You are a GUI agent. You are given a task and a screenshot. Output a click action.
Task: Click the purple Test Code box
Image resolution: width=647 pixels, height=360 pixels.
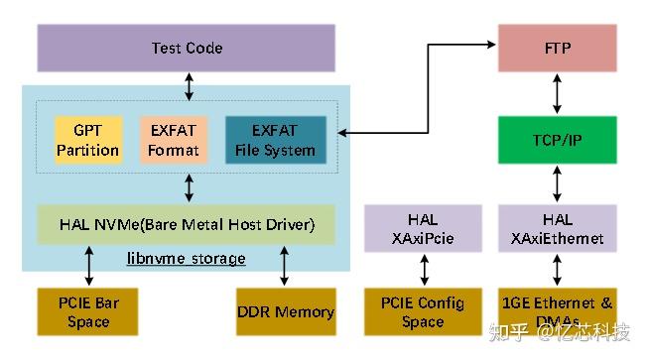(x=187, y=48)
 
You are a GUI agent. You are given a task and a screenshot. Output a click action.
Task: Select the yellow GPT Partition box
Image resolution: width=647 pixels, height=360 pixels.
(x=87, y=140)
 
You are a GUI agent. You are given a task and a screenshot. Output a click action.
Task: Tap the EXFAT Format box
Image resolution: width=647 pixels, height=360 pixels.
(x=174, y=140)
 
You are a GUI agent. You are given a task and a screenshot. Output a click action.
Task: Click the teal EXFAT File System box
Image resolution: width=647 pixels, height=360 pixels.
(x=275, y=140)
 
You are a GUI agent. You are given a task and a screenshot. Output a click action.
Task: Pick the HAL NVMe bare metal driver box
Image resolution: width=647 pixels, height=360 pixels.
(x=187, y=225)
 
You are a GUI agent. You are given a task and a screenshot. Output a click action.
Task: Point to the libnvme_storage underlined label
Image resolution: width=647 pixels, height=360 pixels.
(x=187, y=258)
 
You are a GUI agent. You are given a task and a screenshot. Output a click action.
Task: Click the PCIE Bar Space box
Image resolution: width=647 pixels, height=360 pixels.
(x=87, y=311)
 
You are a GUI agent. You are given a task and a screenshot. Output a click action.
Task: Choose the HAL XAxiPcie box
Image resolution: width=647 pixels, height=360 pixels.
(x=423, y=228)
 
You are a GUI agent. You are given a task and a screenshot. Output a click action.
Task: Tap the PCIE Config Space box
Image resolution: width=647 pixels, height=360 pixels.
(x=423, y=311)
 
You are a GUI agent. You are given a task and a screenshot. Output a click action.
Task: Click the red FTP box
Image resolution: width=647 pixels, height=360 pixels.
(x=557, y=48)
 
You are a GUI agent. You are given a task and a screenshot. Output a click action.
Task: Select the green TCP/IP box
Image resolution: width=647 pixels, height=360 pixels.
(x=557, y=140)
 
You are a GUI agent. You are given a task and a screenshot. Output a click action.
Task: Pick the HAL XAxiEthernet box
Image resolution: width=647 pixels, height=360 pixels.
(x=557, y=228)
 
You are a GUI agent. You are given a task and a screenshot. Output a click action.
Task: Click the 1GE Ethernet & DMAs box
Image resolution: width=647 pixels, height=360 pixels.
(x=557, y=311)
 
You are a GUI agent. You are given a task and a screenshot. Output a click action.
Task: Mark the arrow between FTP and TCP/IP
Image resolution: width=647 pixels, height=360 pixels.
(x=557, y=93)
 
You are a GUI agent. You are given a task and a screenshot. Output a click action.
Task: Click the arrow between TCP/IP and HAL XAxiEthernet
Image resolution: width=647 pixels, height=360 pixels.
(x=557, y=183)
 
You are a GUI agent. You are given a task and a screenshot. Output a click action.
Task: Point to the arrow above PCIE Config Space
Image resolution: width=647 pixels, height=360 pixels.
(x=423, y=270)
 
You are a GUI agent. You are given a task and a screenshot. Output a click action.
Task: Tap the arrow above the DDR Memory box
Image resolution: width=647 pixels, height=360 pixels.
(x=285, y=266)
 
